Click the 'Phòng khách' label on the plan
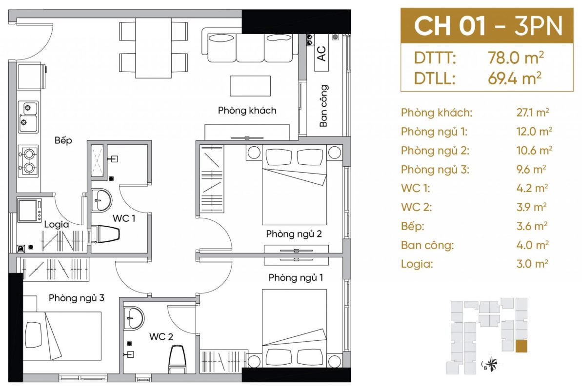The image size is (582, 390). click(247, 110)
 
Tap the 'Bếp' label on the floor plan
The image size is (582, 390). click(63, 140)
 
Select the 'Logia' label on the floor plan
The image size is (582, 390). click(57, 224)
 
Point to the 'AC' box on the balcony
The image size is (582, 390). click(321, 53)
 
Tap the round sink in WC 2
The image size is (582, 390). click(133, 318)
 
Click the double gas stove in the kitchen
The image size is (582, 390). click(28, 161)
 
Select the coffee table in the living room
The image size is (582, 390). click(250, 86)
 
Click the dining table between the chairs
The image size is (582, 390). click(153, 48)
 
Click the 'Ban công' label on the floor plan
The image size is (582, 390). click(323, 106)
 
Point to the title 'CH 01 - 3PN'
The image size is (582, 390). click(488, 26)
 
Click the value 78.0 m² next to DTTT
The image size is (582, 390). click(516, 58)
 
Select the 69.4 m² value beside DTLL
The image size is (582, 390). click(515, 78)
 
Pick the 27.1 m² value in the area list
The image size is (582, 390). click(533, 113)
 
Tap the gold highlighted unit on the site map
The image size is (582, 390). click(521, 346)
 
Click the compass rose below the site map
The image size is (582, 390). click(492, 363)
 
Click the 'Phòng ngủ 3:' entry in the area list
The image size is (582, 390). click(435, 170)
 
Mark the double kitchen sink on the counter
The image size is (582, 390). click(28, 117)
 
